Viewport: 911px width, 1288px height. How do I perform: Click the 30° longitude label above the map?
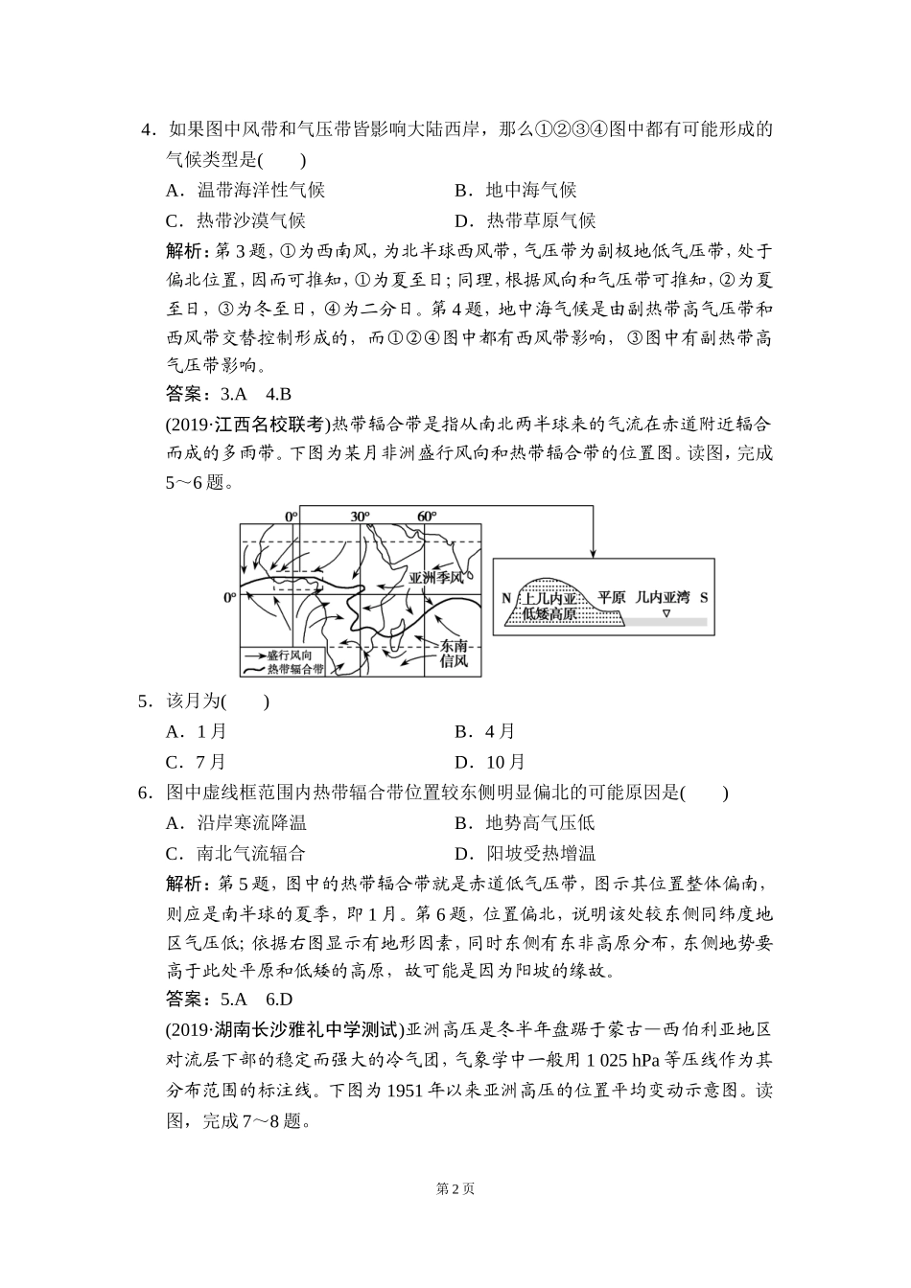tap(360, 517)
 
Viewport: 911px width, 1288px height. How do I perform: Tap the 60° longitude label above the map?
tap(427, 517)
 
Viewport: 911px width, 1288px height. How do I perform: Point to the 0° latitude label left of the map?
tap(230, 597)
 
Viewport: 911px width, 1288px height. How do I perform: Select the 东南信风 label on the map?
tap(454, 655)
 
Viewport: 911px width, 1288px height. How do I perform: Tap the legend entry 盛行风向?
tap(289, 654)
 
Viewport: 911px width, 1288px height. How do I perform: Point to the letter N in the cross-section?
tap(506, 598)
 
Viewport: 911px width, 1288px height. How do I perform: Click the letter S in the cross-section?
tap(703, 597)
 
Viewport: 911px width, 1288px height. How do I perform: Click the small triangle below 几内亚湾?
tap(666, 610)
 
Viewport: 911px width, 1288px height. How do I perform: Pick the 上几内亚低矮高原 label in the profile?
tap(549, 606)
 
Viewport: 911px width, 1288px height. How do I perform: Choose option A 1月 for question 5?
tap(197, 732)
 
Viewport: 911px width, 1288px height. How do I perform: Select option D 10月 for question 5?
tap(490, 763)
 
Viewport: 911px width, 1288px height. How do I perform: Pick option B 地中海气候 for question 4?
tap(516, 191)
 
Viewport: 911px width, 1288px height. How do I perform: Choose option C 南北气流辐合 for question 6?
tap(236, 854)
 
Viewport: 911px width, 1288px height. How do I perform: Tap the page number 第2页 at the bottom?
tap(455, 1189)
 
